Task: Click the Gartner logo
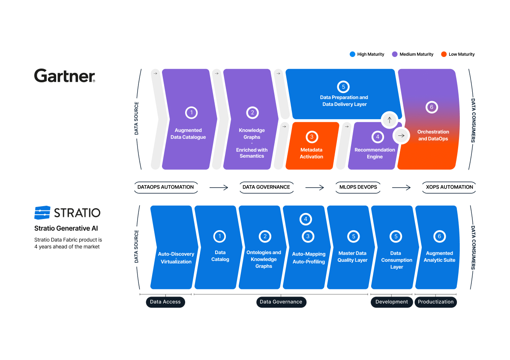click(x=65, y=76)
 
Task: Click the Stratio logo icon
click(x=42, y=213)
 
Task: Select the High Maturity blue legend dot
click(x=352, y=54)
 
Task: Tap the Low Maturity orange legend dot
click(x=444, y=54)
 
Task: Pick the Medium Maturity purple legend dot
click(x=395, y=54)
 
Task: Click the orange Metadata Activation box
click(x=312, y=146)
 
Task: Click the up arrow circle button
click(x=389, y=120)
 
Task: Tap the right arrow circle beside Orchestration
click(x=401, y=136)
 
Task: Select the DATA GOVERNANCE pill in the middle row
click(x=266, y=187)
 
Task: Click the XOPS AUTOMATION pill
click(x=450, y=187)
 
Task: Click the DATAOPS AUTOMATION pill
click(x=165, y=187)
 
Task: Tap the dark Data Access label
click(x=165, y=302)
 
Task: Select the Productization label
click(x=435, y=302)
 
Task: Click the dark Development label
click(x=391, y=302)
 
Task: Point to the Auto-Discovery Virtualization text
click(x=176, y=258)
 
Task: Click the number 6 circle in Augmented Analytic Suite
click(x=439, y=236)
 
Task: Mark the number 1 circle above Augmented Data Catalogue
click(x=191, y=113)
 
